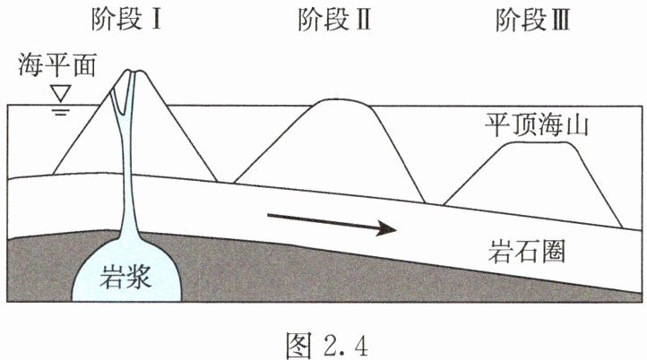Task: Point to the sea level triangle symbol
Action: pyautogui.click(x=60, y=92)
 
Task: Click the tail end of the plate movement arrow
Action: pyautogui.click(x=268, y=216)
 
